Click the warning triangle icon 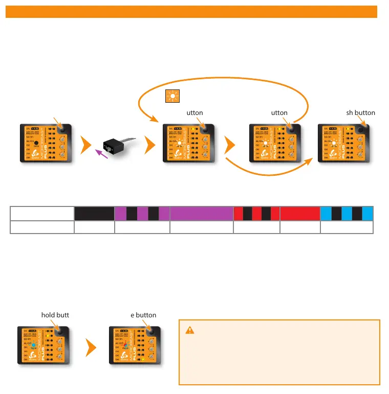coord(189,330)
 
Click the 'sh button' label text coord(360,113)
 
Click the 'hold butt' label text coord(55,315)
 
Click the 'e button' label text coord(143,315)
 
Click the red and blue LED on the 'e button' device coord(126,345)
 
